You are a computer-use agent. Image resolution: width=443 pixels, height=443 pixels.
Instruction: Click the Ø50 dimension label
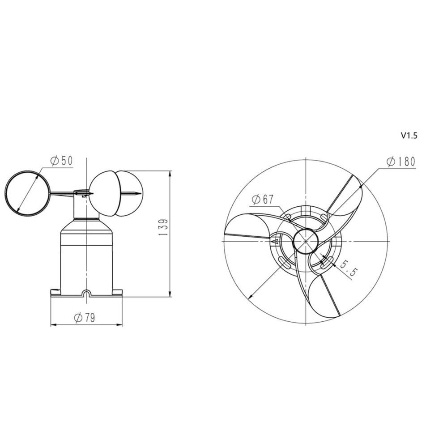[x=62, y=161]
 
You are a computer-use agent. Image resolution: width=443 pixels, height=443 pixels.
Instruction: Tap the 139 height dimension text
[x=163, y=228]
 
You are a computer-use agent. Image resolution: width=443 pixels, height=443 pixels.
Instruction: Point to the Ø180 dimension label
[x=401, y=162]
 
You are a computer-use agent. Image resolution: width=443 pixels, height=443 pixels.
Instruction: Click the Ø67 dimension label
[x=263, y=200]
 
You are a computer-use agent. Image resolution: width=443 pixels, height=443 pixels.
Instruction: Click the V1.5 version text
[x=409, y=136]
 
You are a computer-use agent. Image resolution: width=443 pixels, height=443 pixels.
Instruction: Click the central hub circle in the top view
[x=306, y=241]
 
